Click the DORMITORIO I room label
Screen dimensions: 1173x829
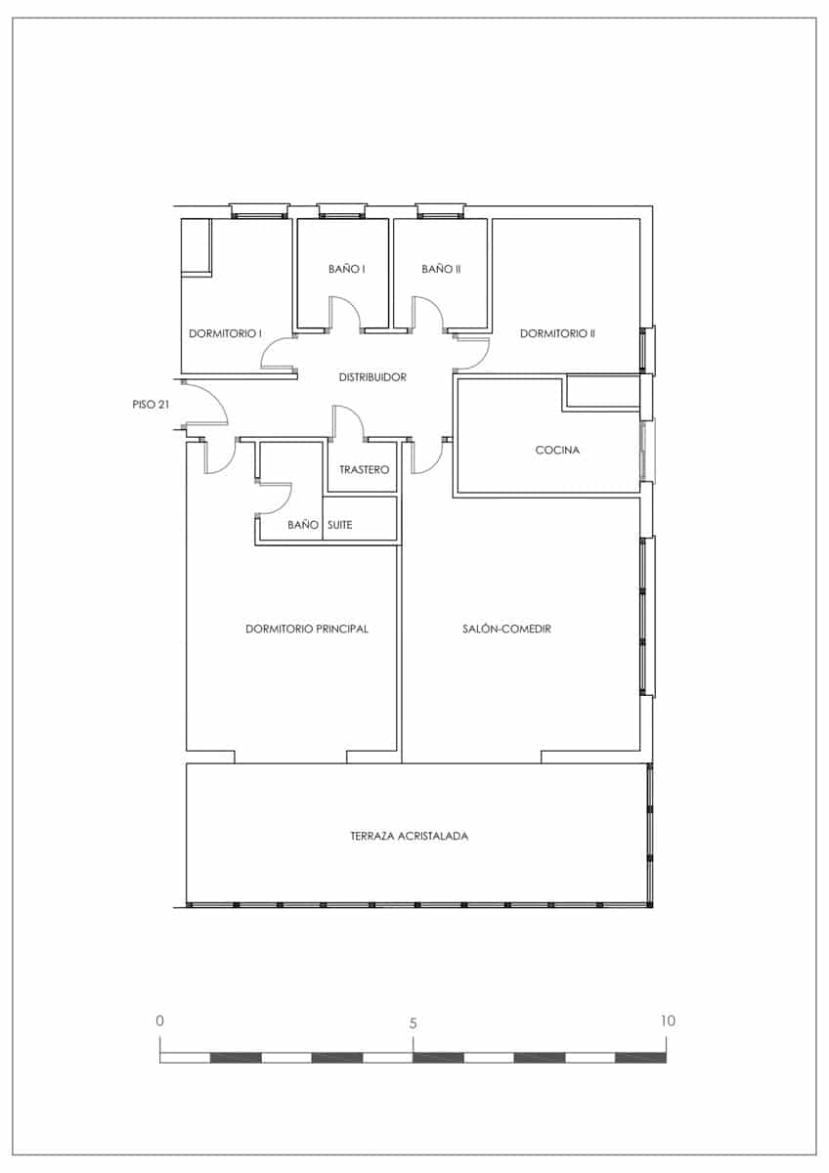click(x=225, y=333)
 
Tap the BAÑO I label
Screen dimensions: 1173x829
click(x=346, y=269)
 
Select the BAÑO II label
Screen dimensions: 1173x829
click(x=441, y=269)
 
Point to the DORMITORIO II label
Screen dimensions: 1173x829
click(x=557, y=333)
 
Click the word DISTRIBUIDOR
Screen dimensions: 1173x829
click(x=372, y=377)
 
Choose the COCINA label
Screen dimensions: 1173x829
click(x=558, y=451)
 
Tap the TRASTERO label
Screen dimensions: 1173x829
click(x=364, y=470)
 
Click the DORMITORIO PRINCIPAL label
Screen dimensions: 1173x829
click(x=307, y=630)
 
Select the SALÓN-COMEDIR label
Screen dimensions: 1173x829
click(x=506, y=630)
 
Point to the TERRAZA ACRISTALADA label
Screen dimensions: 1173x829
click(x=409, y=837)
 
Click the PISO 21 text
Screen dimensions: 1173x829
click(x=152, y=403)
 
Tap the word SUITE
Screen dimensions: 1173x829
click(x=340, y=525)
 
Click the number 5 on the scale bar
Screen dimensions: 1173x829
click(x=414, y=1023)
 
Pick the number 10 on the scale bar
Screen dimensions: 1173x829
click(x=668, y=1021)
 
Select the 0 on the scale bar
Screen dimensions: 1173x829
click(x=160, y=1021)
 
